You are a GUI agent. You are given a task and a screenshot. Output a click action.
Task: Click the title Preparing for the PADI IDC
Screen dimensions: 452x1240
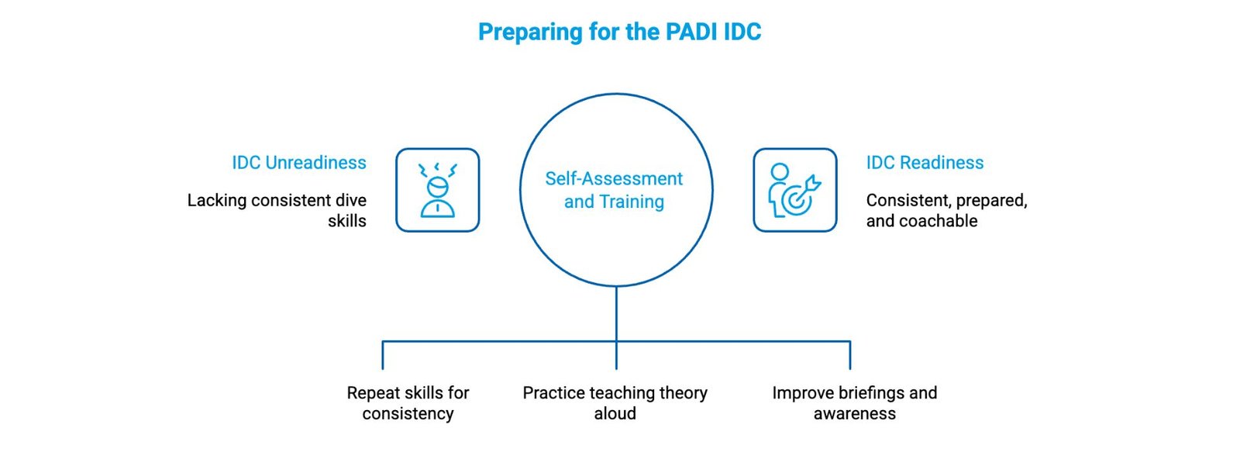(619, 32)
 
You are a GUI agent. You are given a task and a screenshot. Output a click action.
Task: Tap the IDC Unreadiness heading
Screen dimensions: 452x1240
(299, 163)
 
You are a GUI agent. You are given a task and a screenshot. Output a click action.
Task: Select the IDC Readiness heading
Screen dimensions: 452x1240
(925, 163)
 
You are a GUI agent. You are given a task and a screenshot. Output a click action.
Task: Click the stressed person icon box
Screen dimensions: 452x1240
(438, 190)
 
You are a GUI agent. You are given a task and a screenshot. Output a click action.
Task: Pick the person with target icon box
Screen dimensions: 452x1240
(795, 190)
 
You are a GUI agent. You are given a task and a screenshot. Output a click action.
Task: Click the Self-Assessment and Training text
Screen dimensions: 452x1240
(614, 190)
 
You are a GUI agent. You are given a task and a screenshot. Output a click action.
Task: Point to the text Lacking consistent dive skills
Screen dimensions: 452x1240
(277, 210)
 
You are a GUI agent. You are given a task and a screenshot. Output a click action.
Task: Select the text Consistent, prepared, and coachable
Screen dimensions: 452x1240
(946, 210)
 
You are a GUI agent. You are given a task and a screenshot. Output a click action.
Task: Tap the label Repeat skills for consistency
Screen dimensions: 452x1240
(408, 403)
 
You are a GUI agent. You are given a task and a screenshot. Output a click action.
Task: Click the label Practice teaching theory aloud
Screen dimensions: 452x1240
(615, 403)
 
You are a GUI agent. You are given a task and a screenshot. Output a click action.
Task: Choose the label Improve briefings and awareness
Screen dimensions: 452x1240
(854, 403)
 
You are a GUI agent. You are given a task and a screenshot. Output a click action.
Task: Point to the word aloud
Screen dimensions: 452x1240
(615, 414)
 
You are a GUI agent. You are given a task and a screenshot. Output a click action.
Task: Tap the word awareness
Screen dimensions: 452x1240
(854, 414)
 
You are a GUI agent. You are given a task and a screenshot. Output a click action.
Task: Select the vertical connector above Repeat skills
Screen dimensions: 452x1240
(383, 355)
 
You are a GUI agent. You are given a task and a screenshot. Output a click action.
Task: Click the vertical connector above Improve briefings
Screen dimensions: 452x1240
(850, 355)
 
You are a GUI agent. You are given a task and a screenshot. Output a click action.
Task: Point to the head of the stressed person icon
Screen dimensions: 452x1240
(437, 188)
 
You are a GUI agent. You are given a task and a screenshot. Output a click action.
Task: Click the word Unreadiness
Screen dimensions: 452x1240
(315, 163)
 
